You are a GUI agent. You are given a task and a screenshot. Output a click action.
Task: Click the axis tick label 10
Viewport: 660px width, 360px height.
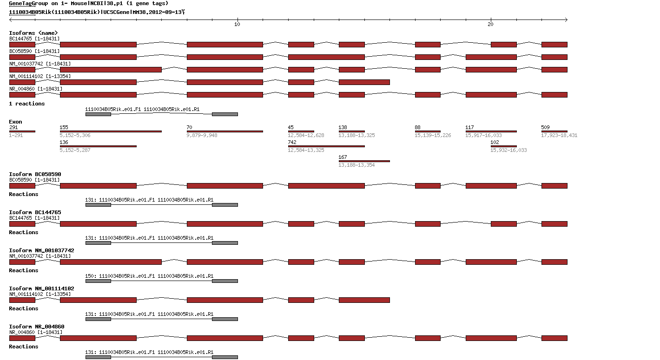(237, 25)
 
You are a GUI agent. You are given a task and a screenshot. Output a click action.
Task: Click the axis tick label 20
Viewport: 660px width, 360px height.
(491, 25)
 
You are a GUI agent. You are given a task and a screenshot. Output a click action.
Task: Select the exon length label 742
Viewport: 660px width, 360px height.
(292, 142)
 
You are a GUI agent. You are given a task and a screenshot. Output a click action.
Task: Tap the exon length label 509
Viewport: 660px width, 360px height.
(545, 127)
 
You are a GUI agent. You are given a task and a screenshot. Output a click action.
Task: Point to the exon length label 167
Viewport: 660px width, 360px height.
(343, 157)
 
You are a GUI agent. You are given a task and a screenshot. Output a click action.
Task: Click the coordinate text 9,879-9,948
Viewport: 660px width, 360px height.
(202, 135)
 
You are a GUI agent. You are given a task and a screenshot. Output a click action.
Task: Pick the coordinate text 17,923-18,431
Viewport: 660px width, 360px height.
(559, 135)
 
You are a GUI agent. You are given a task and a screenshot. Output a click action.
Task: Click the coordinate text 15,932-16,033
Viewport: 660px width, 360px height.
(508, 150)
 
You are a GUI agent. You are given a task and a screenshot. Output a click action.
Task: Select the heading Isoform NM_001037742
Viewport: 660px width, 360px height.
(41, 250)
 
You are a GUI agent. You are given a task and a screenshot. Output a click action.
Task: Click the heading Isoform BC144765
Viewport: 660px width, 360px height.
(35, 212)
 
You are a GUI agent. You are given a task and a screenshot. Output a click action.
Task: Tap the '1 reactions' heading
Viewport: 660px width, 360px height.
(27, 104)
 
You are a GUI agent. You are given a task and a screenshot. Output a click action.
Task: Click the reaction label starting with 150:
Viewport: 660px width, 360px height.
(149, 276)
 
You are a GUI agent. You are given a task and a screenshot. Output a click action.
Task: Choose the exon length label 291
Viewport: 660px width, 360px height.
(13, 127)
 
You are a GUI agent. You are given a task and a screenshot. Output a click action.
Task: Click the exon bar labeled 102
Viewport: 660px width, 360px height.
(503, 146)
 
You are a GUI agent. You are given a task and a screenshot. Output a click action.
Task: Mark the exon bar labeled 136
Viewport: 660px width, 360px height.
(98, 146)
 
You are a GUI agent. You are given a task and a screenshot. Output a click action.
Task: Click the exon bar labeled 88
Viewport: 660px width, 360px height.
(428, 131)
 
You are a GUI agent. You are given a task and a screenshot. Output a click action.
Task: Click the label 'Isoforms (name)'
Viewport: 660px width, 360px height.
(33, 33)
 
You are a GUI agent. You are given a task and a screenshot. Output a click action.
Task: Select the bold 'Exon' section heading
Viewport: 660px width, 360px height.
(15, 122)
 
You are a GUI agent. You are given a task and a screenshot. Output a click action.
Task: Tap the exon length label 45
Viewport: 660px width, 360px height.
(290, 127)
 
